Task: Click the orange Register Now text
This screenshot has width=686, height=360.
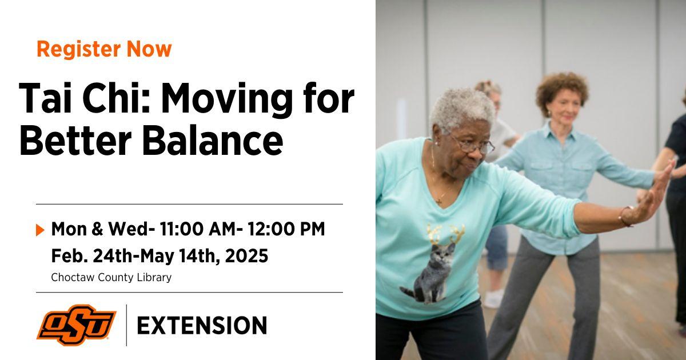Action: click(x=104, y=49)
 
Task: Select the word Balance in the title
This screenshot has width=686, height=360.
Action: click(x=212, y=140)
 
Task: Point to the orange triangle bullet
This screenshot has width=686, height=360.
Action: click(x=40, y=230)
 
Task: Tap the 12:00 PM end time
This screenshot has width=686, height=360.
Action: click(x=286, y=229)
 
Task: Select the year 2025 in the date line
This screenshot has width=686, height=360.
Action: click(x=246, y=256)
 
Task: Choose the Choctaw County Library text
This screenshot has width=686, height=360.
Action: click(x=111, y=277)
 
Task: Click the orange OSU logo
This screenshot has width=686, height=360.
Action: click(x=76, y=325)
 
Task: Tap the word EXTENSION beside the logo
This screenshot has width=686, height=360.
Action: click(x=202, y=325)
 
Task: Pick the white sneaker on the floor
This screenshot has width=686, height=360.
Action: click(x=493, y=298)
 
